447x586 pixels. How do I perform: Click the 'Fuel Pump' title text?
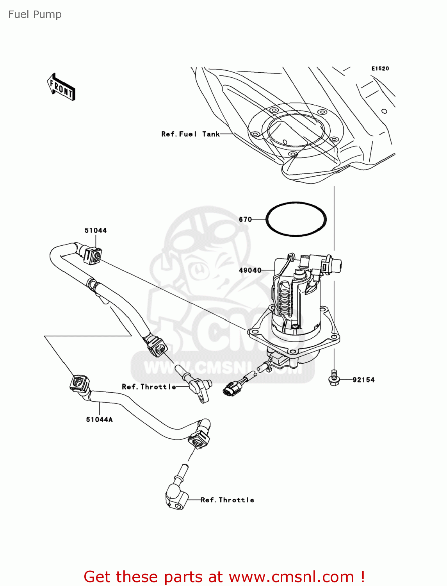point(35,14)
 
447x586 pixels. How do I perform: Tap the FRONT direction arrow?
point(61,87)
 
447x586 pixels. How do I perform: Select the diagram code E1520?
point(380,68)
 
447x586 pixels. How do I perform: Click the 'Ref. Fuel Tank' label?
point(190,134)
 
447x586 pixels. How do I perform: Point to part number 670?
point(245,219)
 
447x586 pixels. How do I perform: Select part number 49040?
point(250,270)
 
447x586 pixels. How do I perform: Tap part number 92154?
point(363,379)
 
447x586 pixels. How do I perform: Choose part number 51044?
point(96,230)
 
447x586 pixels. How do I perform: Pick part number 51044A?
point(99,419)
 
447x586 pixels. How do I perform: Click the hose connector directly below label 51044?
point(92,255)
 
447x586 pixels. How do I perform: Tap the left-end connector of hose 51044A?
point(79,383)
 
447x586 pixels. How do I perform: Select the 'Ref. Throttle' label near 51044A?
point(149,387)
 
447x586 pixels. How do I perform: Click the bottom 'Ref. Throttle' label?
point(227,500)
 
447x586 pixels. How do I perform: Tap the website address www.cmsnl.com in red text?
point(291,577)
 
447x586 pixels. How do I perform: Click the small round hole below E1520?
point(384,111)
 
